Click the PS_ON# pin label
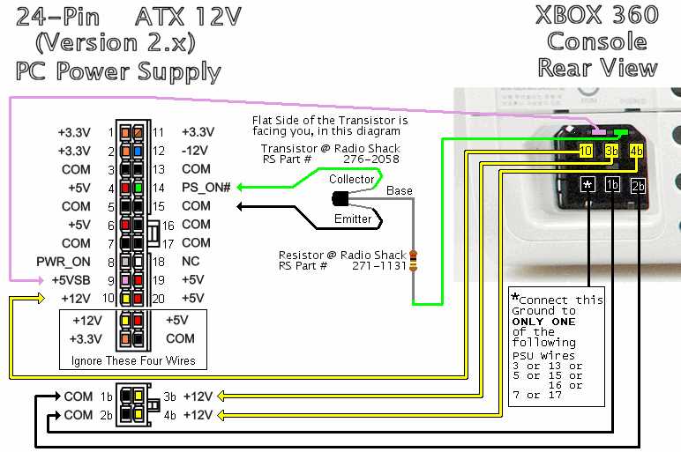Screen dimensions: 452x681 point(199,187)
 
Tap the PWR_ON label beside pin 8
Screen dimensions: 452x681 point(64,262)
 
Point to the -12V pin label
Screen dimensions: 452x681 point(196,150)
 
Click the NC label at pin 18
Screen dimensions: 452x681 point(191,262)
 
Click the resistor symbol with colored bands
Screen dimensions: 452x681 point(412,262)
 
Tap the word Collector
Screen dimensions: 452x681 point(351,179)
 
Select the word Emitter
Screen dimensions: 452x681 point(353,219)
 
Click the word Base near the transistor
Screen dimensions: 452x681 point(399,190)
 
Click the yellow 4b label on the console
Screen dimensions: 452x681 point(637,151)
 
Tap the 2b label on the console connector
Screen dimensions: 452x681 point(638,186)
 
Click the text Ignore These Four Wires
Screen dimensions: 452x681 point(133,361)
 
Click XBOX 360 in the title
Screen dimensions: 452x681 point(597,15)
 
